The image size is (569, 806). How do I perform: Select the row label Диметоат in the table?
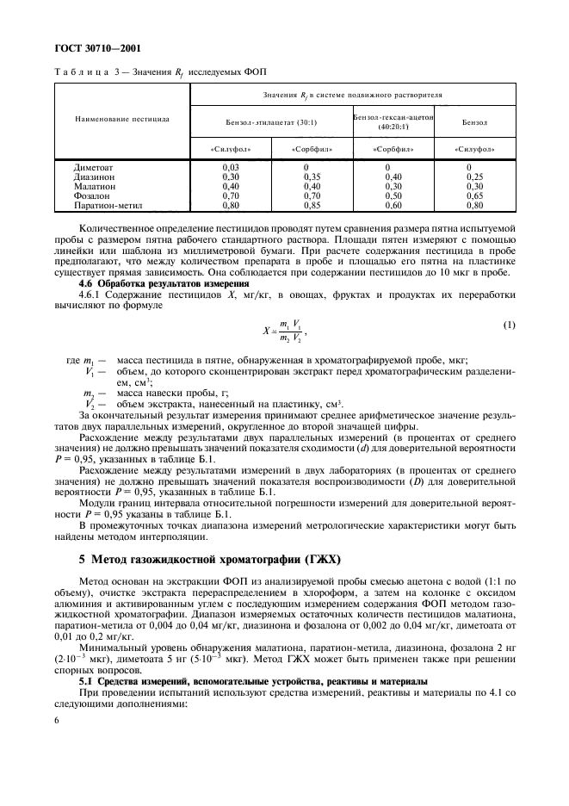(95, 167)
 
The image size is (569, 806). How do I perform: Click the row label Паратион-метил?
(108, 205)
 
